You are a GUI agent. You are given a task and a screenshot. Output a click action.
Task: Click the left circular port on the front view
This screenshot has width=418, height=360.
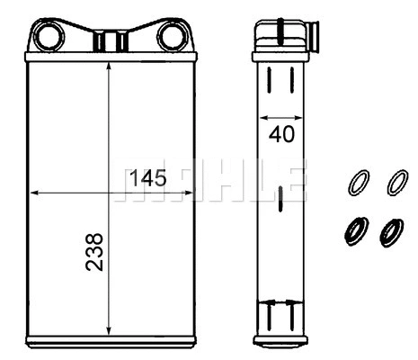coord(48,37)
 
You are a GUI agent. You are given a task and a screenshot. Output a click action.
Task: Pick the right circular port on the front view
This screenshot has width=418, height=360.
coord(170,37)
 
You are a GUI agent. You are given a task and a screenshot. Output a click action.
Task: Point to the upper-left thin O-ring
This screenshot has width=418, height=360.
coord(357,183)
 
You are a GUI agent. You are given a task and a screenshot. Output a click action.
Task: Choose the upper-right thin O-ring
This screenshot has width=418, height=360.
coord(396,183)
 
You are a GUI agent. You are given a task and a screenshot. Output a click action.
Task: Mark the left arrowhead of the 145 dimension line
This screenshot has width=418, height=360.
coord(35,192)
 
